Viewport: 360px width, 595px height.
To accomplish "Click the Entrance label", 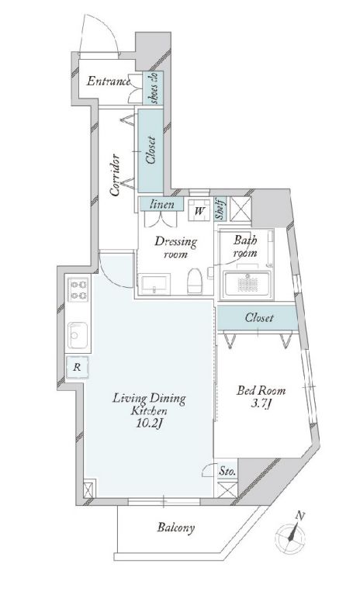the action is pyautogui.click(x=109, y=81).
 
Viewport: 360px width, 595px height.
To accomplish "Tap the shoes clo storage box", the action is pyautogui.click(x=154, y=88).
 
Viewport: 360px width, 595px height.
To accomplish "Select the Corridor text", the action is pyautogui.click(x=116, y=175).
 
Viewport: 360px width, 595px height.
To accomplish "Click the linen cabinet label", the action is pyautogui.click(x=162, y=204).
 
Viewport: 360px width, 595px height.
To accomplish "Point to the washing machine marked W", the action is pyautogui.click(x=199, y=210).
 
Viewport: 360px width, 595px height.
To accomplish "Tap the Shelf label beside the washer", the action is pyautogui.click(x=220, y=209).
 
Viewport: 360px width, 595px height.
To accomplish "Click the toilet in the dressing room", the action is pyautogui.click(x=195, y=281).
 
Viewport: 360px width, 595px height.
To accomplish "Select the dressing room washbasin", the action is pyautogui.click(x=154, y=285).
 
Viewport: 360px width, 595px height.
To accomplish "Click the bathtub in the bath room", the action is pyautogui.click(x=247, y=285).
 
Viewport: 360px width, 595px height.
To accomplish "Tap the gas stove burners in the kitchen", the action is pyautogui.click(x=78, y=289).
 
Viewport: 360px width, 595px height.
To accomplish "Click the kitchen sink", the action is pyautogui.click(x=78, y=335).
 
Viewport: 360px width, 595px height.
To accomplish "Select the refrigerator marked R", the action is pyautogui.click(x=77, y=367).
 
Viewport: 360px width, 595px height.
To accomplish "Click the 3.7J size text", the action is pyautogui.click(x=261, y=404).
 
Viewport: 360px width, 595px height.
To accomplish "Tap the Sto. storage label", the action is pyautogui.click(x=227, y=472).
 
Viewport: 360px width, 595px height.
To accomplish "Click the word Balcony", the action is pyautogui.click(x=176, y=528).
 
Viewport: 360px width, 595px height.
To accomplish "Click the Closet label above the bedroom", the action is pyautogui.click(x=259, y=317).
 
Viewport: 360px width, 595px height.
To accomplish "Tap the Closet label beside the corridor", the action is pyautogui.click(x=151, y=150).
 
